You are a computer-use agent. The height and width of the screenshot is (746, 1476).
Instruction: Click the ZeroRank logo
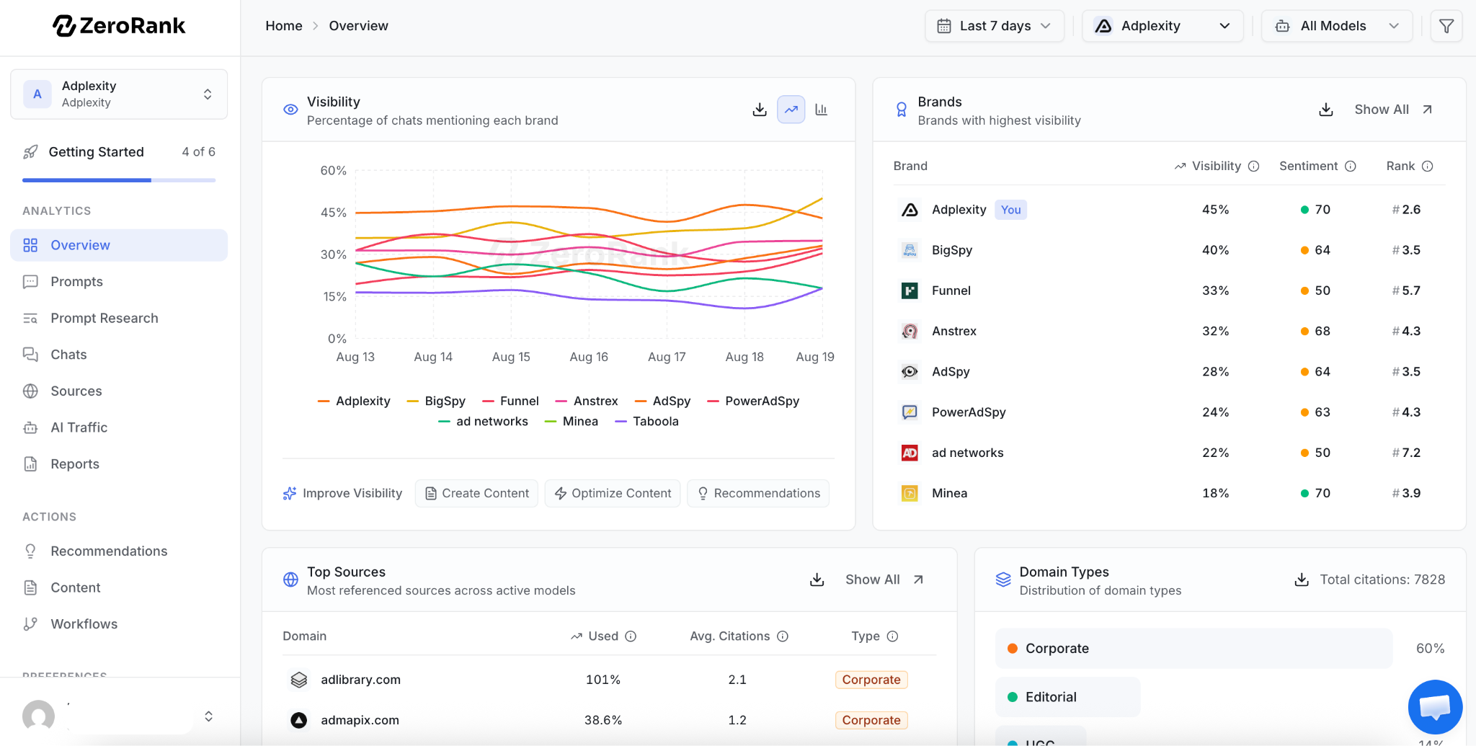coord(119,26)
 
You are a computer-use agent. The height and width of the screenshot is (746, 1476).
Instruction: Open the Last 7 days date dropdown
coord(995,26)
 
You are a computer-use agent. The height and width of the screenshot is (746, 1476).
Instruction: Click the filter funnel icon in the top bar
coord(1446,26)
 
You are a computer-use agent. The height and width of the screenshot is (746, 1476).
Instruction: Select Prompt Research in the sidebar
coord(105,318)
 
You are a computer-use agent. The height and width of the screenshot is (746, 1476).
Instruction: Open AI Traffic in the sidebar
coord(79,427)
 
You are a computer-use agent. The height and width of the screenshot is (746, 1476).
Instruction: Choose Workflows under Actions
coord(84,624)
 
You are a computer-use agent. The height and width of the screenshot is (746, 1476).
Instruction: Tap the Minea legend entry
coord(572,422)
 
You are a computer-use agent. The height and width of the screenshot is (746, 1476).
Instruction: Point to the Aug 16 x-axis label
coord(589,357)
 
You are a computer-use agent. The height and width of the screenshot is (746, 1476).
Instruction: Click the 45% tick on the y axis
coord(334,213)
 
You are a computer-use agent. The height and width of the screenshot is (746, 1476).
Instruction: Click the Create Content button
coord(476,493)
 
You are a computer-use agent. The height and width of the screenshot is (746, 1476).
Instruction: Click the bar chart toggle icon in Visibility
coord(821,110)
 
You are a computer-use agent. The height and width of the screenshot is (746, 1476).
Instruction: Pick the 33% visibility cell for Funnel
coord(1215,290)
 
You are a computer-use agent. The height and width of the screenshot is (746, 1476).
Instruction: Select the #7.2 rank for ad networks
coord(1406,453)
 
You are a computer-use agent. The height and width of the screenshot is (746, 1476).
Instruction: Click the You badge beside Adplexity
coord(1010,210)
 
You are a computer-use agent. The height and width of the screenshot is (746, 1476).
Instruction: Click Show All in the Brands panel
coord(1393,110)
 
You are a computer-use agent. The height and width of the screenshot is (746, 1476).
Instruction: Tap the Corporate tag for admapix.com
coord(871,720)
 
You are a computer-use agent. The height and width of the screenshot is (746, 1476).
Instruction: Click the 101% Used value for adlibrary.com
coord(603,680)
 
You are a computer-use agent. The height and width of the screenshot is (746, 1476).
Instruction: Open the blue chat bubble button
coord(1435,707)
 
